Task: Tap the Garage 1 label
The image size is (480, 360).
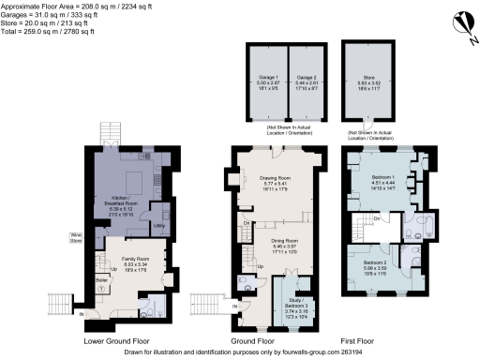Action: tap(268, 81)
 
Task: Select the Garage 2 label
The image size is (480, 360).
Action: tap(304, 81)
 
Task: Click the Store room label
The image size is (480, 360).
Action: tap(368, 81)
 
